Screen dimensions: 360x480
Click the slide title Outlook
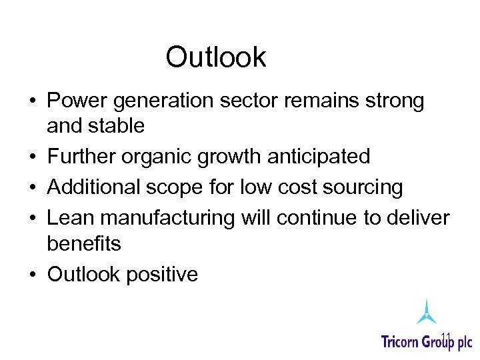(215, 57)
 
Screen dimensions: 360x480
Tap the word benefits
(84, 243)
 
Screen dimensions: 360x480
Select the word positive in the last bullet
(165, 275)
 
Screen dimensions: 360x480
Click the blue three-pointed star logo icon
(426, 311)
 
